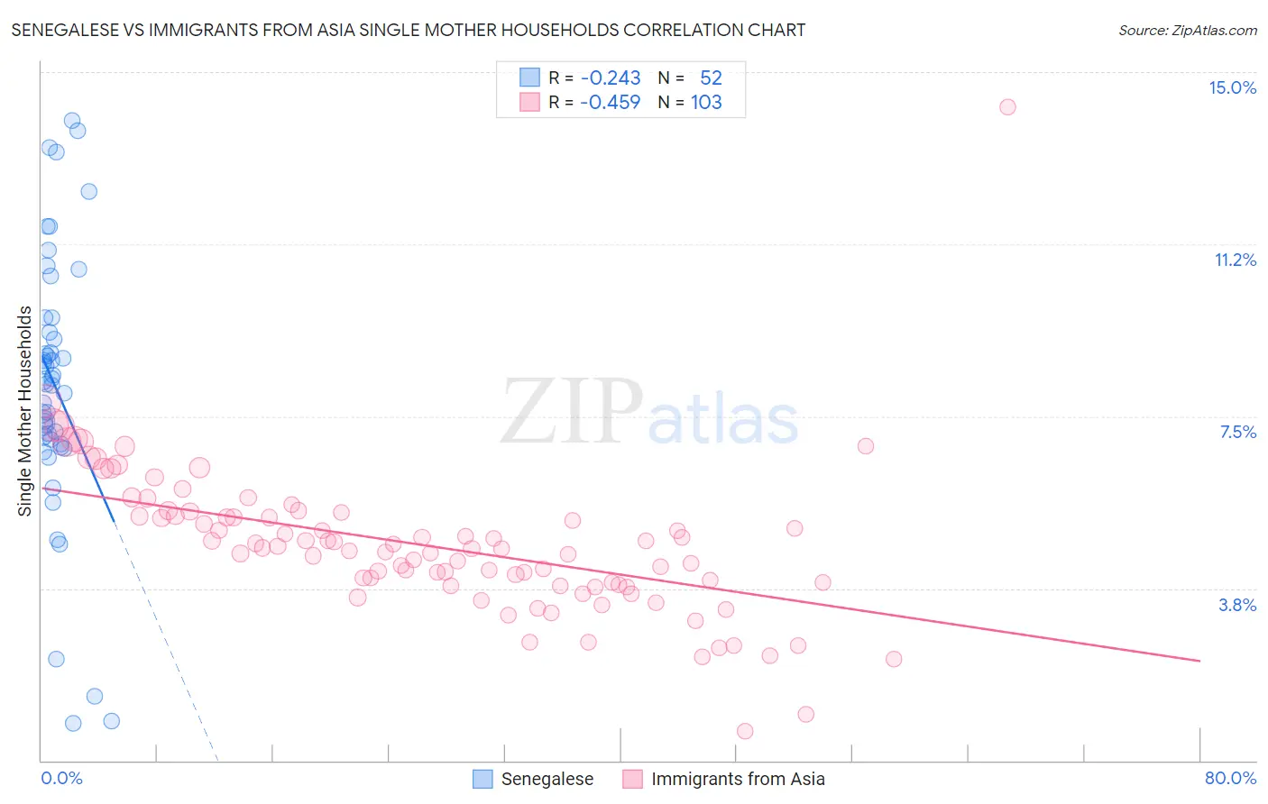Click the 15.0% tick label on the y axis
(x=1232, y=87)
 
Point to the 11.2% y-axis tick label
(x=1235, y=260)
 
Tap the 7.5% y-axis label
(x=1237, y=432)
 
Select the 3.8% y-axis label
(x=1237, y=605)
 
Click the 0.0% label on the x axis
(x=61, y=778)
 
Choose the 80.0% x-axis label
(x=1230, y=778)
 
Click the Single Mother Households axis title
(x=25, y=411)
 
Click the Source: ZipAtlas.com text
(x=1187, y=31)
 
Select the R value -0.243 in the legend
(x=611, y=78)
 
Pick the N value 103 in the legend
(x=706, y=103)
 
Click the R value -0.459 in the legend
(x=611, y=103)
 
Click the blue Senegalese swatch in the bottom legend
(x=483, y=779)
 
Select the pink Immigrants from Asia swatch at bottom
(x=633, y=779)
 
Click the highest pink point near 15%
(x=1007, y=107)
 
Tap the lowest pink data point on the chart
(x=745, y=731)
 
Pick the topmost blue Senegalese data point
(x=72, y=121)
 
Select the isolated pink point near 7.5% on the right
(x=866, y=446)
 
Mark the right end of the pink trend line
(x=1200, y=661)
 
